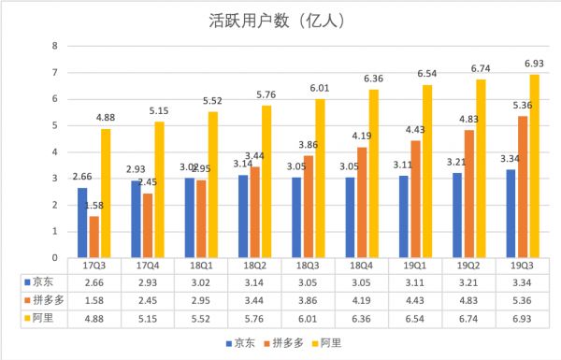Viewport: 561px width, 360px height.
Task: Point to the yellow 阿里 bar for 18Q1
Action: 213,184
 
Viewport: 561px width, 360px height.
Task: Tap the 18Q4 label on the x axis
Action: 371,265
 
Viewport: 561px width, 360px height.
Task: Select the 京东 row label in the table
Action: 41,280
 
